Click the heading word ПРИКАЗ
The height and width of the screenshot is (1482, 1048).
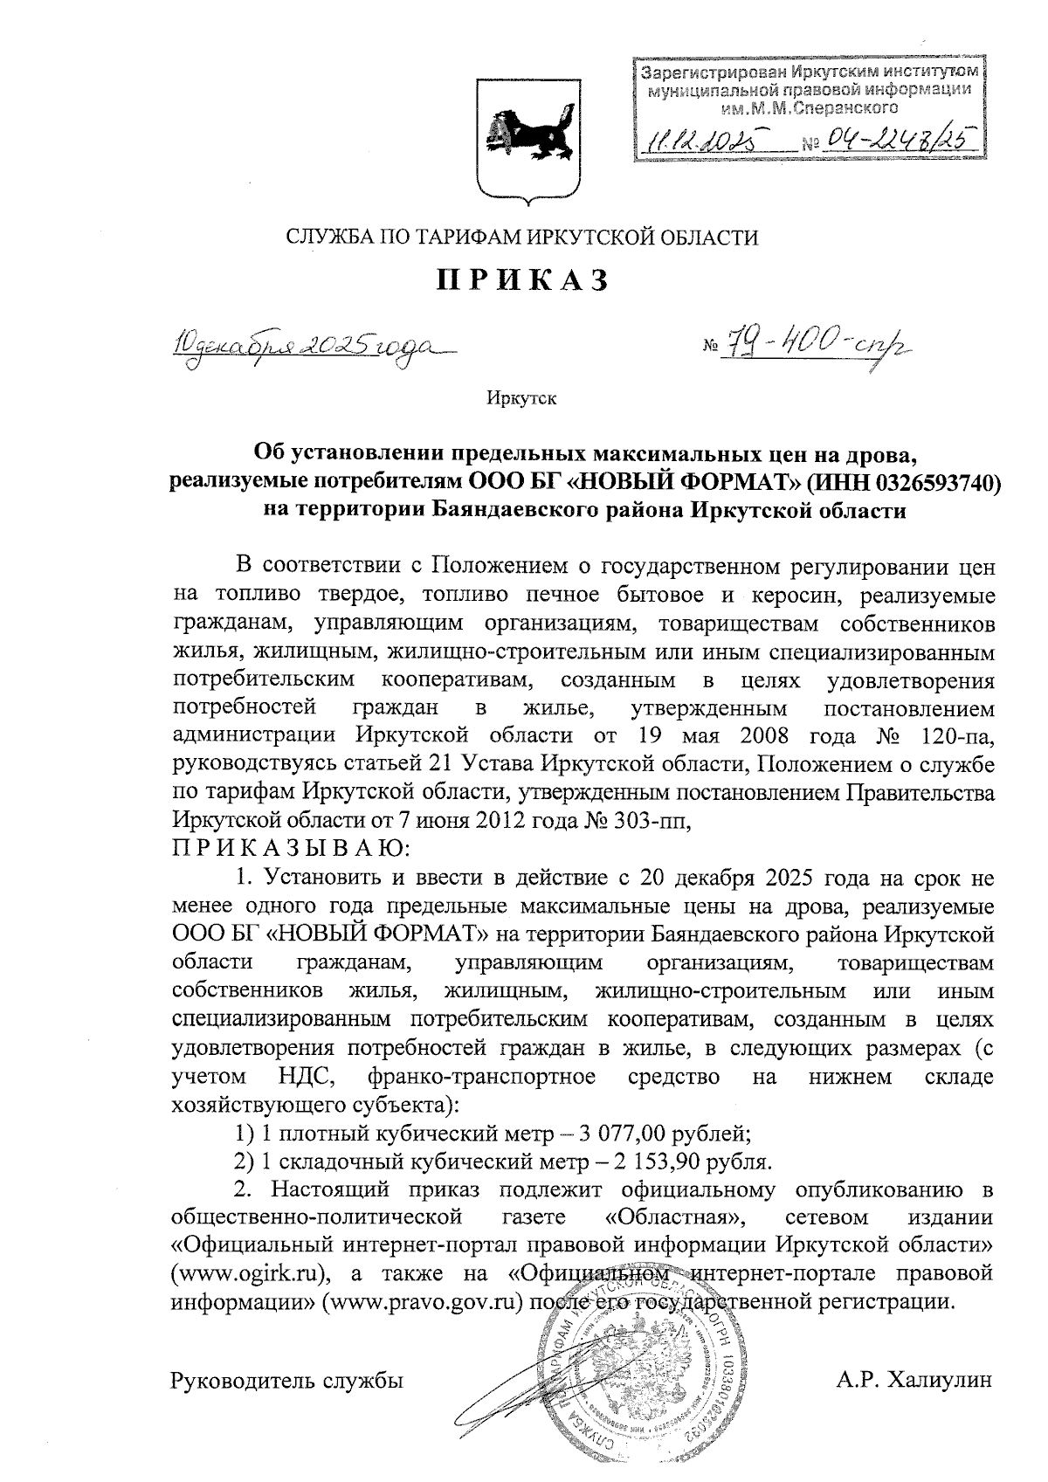(x=522, y=279)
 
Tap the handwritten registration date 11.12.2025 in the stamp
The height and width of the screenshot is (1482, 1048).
(x=701, y=138)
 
